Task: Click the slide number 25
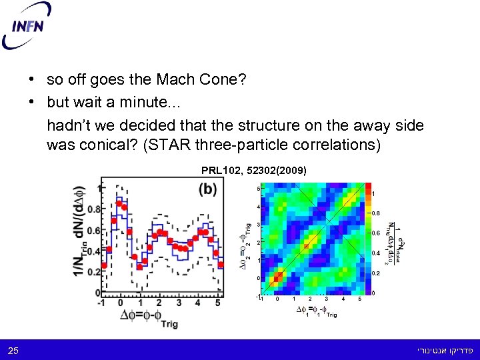[x=13, y=351]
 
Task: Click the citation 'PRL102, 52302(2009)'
[x=254, y=171]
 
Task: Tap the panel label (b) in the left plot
[x=207, y=189]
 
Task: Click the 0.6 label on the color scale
[x=376, y=233]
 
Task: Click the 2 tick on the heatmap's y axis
[x=258, y=243]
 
